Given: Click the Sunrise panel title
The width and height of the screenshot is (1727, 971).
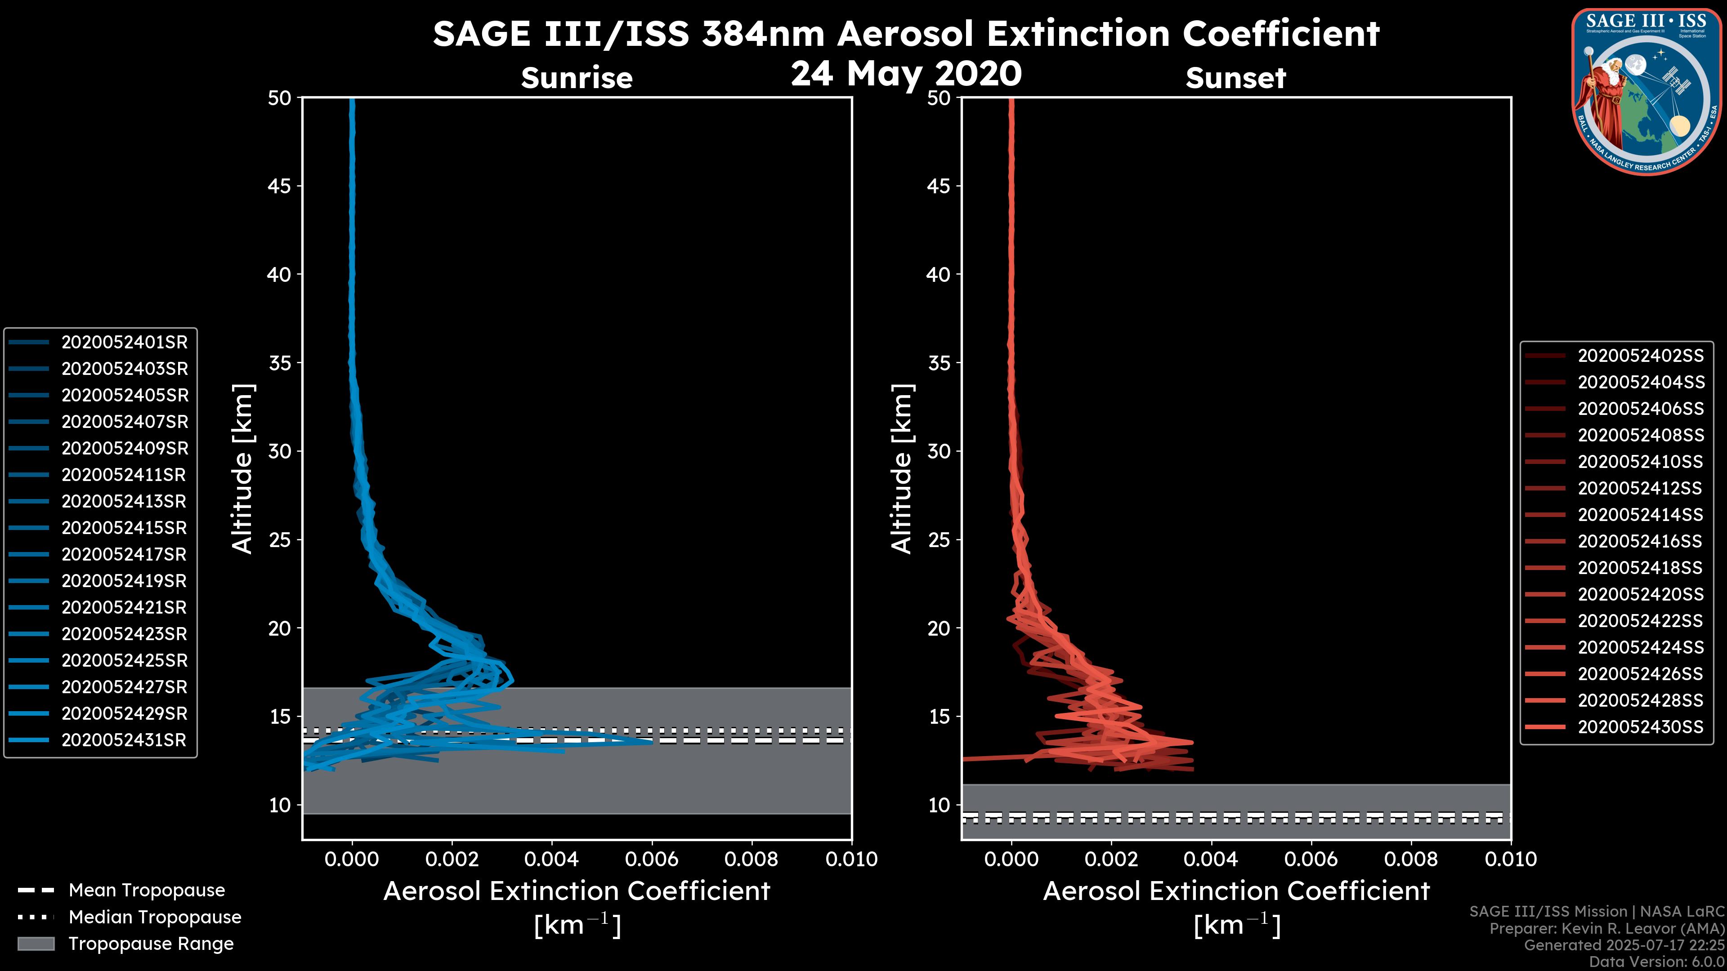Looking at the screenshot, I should (577, 78).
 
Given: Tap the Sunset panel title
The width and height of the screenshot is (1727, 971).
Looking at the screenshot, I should (1235, 78).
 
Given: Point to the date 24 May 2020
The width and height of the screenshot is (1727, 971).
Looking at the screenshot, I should (906, 74).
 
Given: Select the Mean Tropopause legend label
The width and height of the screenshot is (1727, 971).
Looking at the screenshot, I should (147, 891).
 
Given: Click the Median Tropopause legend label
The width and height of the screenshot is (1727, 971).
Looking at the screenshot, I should (155, 918).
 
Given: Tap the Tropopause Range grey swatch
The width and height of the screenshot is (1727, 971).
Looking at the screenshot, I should (36, 944).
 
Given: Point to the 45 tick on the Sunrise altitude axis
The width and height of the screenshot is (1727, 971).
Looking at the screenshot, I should (280, 186).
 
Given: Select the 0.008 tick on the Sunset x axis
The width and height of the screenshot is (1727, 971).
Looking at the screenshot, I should (1411, 859).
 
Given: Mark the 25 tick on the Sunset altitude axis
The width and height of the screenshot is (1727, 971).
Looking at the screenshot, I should (939, 540).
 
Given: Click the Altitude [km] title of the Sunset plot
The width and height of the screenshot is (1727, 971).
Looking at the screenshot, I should (902, 469).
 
